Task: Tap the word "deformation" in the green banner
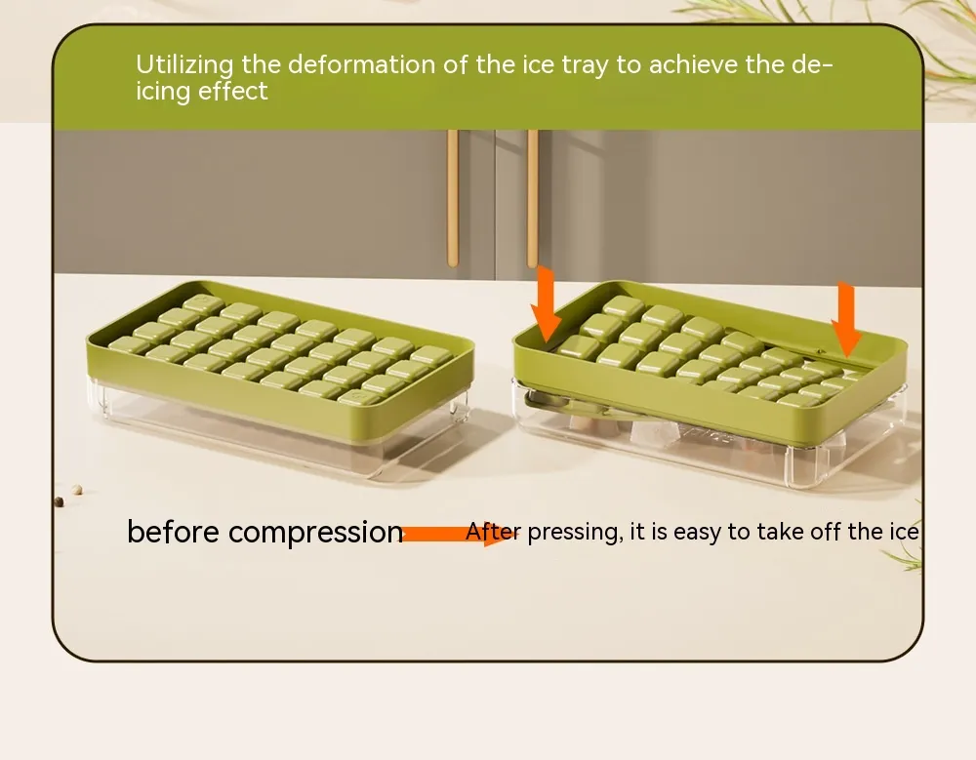[x=362, y=64]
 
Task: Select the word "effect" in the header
[x=233, y=92]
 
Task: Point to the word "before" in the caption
[x=173, y=532]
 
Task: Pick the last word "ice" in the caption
[x=904, y=532]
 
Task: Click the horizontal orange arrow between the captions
[x=460, y=534]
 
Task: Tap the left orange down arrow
[x=546, y=304]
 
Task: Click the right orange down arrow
[x=846, y=319]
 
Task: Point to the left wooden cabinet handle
[x=453, y=199]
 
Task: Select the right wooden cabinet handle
[x=532, y=199]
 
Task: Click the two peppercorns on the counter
[x=68, y=496]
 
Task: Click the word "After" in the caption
[x=492, y=532]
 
